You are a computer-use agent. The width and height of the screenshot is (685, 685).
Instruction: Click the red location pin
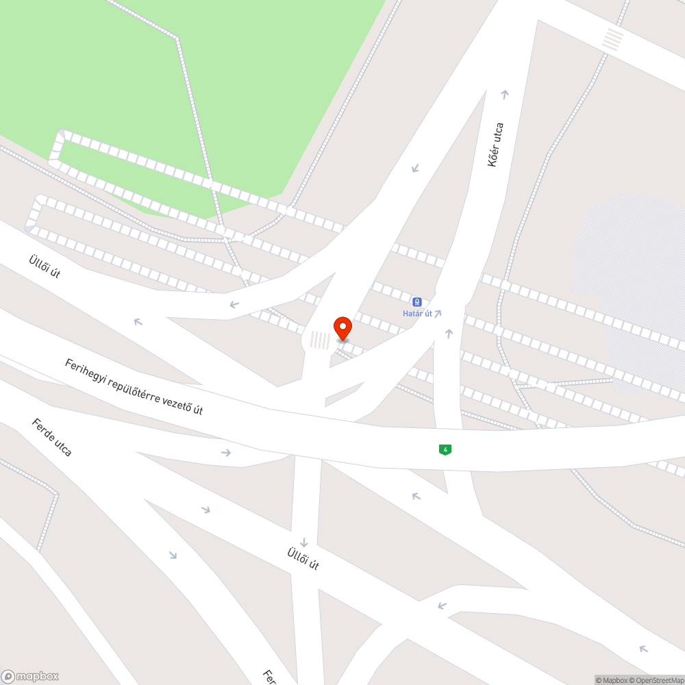(342, 328)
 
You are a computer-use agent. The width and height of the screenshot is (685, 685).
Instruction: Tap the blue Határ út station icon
(416, 302)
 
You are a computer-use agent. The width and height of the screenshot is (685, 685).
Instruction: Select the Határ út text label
(417, 314)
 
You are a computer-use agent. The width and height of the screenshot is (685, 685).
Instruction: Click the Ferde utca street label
(51, 437)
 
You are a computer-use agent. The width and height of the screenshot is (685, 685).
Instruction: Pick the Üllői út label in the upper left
(45, 266)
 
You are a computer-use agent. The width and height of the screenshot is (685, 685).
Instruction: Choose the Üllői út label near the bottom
(303, 558)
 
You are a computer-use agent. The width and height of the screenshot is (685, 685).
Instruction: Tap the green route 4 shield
(445, 449)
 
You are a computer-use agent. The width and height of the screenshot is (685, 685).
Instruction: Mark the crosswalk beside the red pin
(320, 340)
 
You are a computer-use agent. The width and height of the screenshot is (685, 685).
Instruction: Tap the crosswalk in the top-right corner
(613, 39)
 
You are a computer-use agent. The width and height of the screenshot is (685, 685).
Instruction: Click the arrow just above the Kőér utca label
(506, 95)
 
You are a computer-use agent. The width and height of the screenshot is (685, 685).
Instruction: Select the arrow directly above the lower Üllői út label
(303, 543)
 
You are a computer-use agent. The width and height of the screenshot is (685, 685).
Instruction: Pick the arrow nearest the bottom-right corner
(643, 648)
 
